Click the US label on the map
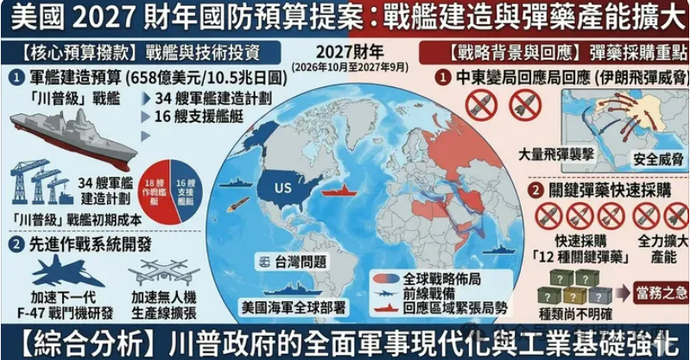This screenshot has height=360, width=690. point(281,188)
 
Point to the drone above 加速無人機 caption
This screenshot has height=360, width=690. point(163,272)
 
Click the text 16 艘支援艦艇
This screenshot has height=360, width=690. point(196,117)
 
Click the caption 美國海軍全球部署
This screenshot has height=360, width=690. point(290,306)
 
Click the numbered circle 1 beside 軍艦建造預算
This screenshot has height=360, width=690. point(17,77)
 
